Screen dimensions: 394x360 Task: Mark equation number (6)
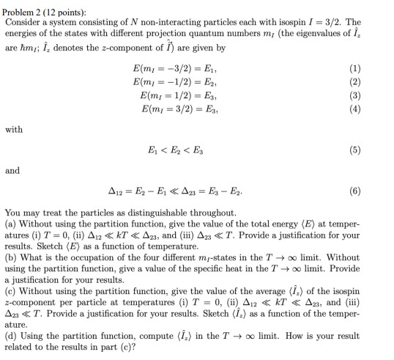[x=376, y=192]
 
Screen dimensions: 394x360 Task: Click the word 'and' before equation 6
[x=12, y=170]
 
